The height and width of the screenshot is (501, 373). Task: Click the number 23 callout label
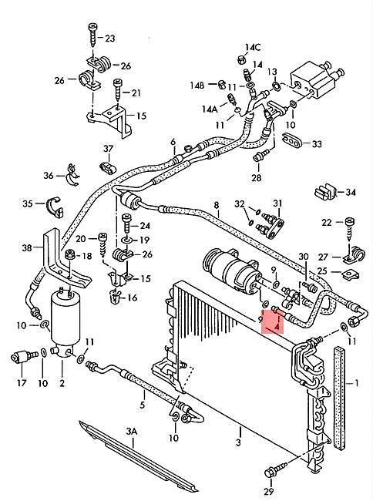coord(110,39)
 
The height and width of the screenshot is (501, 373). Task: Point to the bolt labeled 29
coord(273,470)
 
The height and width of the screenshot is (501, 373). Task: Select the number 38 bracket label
coord(28,248)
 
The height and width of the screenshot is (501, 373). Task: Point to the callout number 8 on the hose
coord(217,206)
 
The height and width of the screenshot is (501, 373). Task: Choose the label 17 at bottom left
coord(22,383)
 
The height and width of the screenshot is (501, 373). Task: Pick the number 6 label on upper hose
coord(173,141)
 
